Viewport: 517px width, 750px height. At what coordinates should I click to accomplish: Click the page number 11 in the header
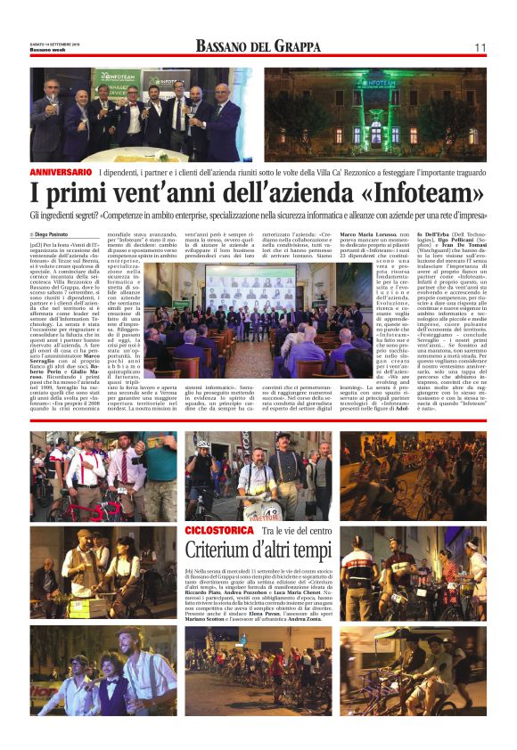(x=480, y=47)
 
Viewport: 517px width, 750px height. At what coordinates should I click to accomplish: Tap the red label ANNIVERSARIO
(x=61, y=170)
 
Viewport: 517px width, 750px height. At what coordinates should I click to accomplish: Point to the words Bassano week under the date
(x=50, y=49)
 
